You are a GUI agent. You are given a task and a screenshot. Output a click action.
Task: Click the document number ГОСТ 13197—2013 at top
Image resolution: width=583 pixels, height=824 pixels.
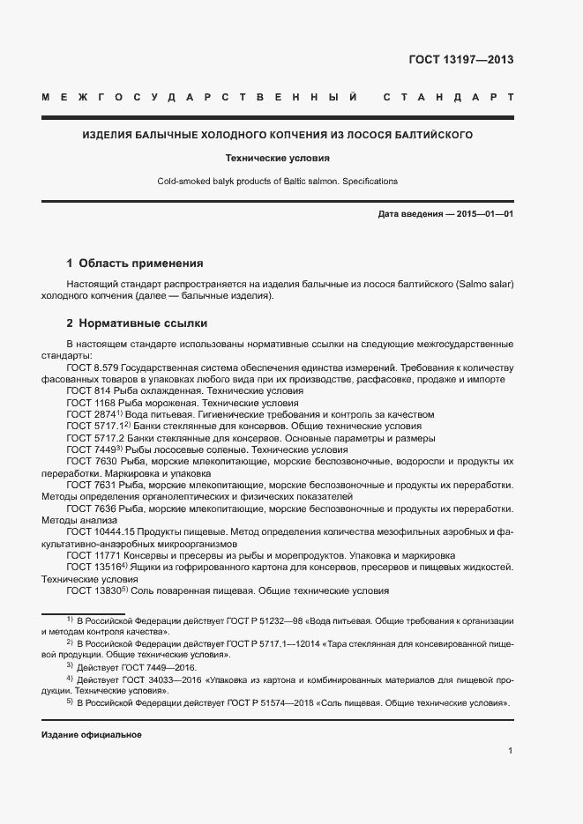(460, 60)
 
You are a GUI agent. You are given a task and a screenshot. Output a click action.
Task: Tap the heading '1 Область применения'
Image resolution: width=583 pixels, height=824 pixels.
(135, 263)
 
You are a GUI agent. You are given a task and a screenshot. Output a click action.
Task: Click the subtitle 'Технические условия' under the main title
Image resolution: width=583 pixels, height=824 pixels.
(277, 159)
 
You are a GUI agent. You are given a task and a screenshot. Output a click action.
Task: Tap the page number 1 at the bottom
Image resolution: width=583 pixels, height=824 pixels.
(510, 750)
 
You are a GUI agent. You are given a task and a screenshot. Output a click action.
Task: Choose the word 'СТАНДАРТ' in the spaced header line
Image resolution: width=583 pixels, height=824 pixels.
(448, 96)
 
